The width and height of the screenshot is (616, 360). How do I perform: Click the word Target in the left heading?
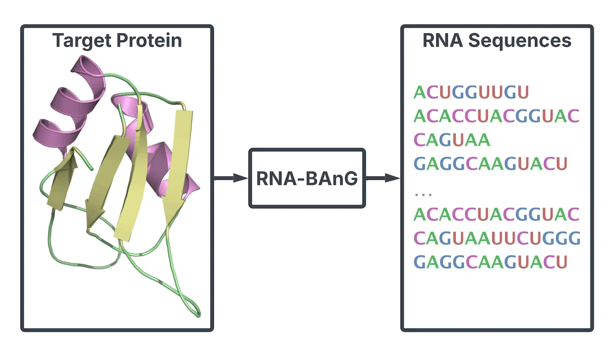82,41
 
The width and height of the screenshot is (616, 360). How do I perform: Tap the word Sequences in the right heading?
520,41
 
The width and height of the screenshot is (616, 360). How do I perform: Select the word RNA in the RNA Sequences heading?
442,41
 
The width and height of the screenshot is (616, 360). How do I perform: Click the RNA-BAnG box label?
307,178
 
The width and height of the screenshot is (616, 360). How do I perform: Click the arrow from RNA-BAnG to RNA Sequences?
383,178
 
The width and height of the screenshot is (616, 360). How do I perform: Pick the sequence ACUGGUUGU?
471,92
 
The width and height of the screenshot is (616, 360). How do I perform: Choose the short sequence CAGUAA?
452,140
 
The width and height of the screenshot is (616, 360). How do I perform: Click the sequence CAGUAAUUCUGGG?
497,238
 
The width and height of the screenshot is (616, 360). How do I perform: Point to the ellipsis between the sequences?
423,195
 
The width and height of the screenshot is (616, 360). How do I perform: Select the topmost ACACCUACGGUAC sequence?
496,116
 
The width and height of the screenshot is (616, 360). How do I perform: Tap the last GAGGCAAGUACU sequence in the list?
490,262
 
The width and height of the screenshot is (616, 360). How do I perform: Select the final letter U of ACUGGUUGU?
523,92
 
